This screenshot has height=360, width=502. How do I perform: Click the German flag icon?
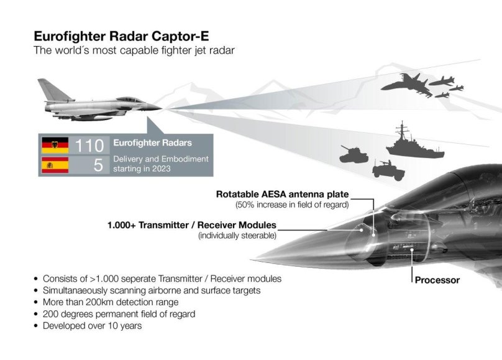(55, 145)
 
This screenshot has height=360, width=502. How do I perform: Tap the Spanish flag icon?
(55, 166)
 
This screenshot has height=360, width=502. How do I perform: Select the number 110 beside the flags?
(89, 145)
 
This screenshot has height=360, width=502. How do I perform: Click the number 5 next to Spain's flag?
(98, 166)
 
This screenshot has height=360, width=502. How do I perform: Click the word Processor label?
(437, 280)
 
